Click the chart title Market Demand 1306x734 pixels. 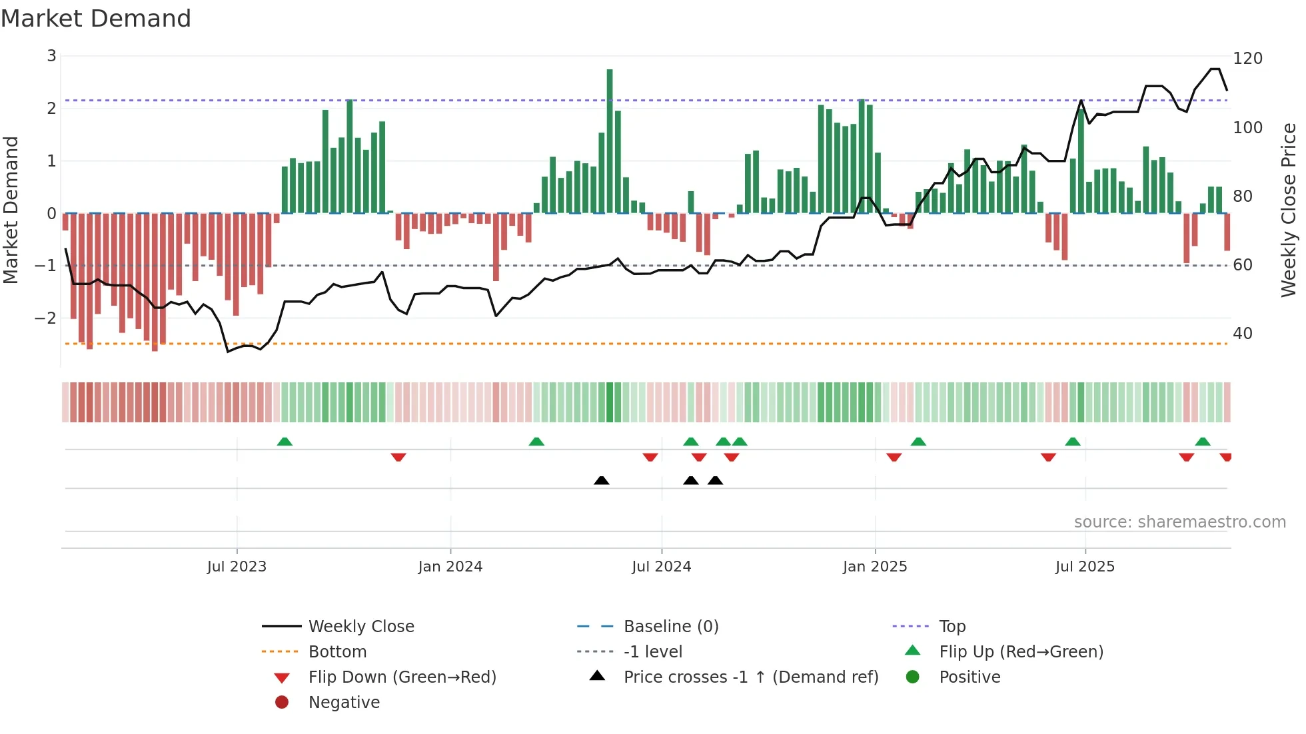(96, 19)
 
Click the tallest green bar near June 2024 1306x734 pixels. (610, 140)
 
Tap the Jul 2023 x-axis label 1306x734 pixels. (237, 567)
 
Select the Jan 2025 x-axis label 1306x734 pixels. (874, 567)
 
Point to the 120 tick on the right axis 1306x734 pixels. (1247, 59)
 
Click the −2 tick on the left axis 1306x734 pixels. (46, 318)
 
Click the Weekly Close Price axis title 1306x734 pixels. (1288, 210)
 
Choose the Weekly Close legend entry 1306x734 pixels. (360, 627)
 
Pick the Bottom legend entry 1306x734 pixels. (337, 652)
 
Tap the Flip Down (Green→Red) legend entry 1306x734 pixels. (402, 677)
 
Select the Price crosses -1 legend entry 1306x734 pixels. (750, 677)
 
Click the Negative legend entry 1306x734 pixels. (344, 703)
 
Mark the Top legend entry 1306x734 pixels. (952, 627)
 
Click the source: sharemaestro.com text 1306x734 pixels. (1179, 522)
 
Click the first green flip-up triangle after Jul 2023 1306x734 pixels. (285, 442)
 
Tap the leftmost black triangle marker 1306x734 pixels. (601, 480)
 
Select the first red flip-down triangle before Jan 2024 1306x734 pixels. (398, 457)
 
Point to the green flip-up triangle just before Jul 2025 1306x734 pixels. (1072, 442)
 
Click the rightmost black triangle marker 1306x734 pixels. (715, 480)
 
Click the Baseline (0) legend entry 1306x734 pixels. (670, 627)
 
